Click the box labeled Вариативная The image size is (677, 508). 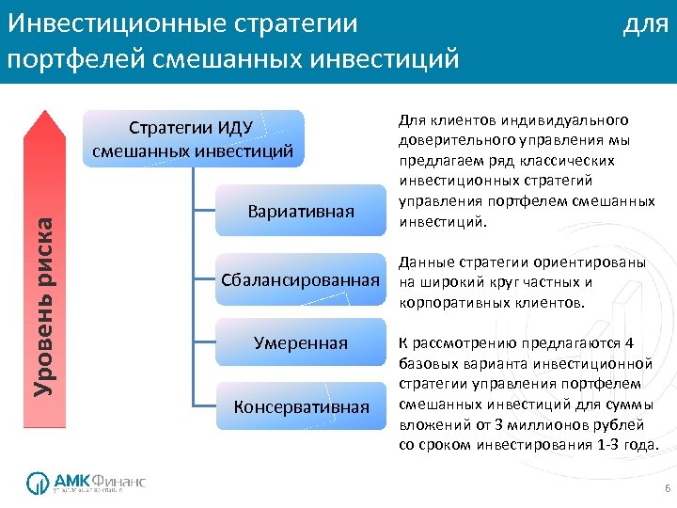301,210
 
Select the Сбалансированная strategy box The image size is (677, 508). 301,279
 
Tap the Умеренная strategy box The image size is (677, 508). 301,343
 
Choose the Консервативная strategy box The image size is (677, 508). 301,407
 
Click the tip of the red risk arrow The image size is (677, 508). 45,111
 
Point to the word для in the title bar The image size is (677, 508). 645,24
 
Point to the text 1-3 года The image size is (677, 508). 627,444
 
